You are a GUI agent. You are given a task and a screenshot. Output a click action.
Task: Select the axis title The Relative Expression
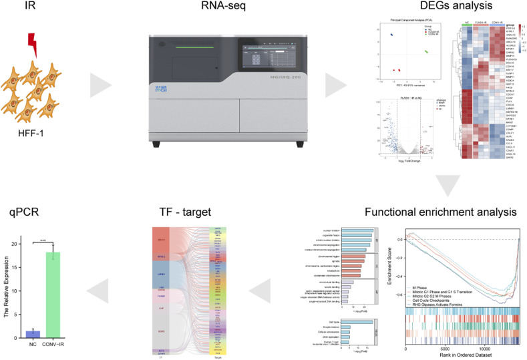click(x=7, y=289)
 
